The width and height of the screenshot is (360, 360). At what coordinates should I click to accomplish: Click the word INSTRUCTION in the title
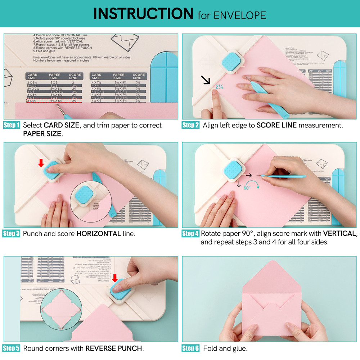(x=143, y=14)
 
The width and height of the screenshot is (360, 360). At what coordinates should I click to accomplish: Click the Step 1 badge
(x=12, y=125)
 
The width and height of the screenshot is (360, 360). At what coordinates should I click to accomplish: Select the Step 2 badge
(x=190, y=125)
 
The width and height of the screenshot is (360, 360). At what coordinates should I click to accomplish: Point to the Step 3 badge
(x=12, y=234)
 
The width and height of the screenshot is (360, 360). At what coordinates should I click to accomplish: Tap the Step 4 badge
(x=190, y=234)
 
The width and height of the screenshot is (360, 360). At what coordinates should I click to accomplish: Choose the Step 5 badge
(x=12, y=348)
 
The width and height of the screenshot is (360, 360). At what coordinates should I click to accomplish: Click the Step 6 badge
(x=190, y=348)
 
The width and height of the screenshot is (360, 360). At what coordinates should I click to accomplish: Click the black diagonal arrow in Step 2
(x=206, y=80)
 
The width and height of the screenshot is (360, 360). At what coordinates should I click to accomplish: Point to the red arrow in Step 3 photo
(x=41, y=163)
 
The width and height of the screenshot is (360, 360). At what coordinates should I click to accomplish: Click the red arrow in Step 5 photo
(x=115, y=278)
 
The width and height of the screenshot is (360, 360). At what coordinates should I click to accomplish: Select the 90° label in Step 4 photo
(x=247, y=188)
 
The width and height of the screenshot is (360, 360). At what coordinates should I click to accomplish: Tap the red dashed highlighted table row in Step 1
(x=54, y=101)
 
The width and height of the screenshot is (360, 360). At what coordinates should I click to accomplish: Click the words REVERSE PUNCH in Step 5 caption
(x=114, y=348)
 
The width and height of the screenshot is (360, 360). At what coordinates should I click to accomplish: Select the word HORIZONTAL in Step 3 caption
(x=98, y=234)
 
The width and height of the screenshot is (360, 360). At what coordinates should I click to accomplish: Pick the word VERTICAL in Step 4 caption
(x=339, y=234)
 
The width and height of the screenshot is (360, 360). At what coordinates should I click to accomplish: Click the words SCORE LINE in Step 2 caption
(x=276, y=125)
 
